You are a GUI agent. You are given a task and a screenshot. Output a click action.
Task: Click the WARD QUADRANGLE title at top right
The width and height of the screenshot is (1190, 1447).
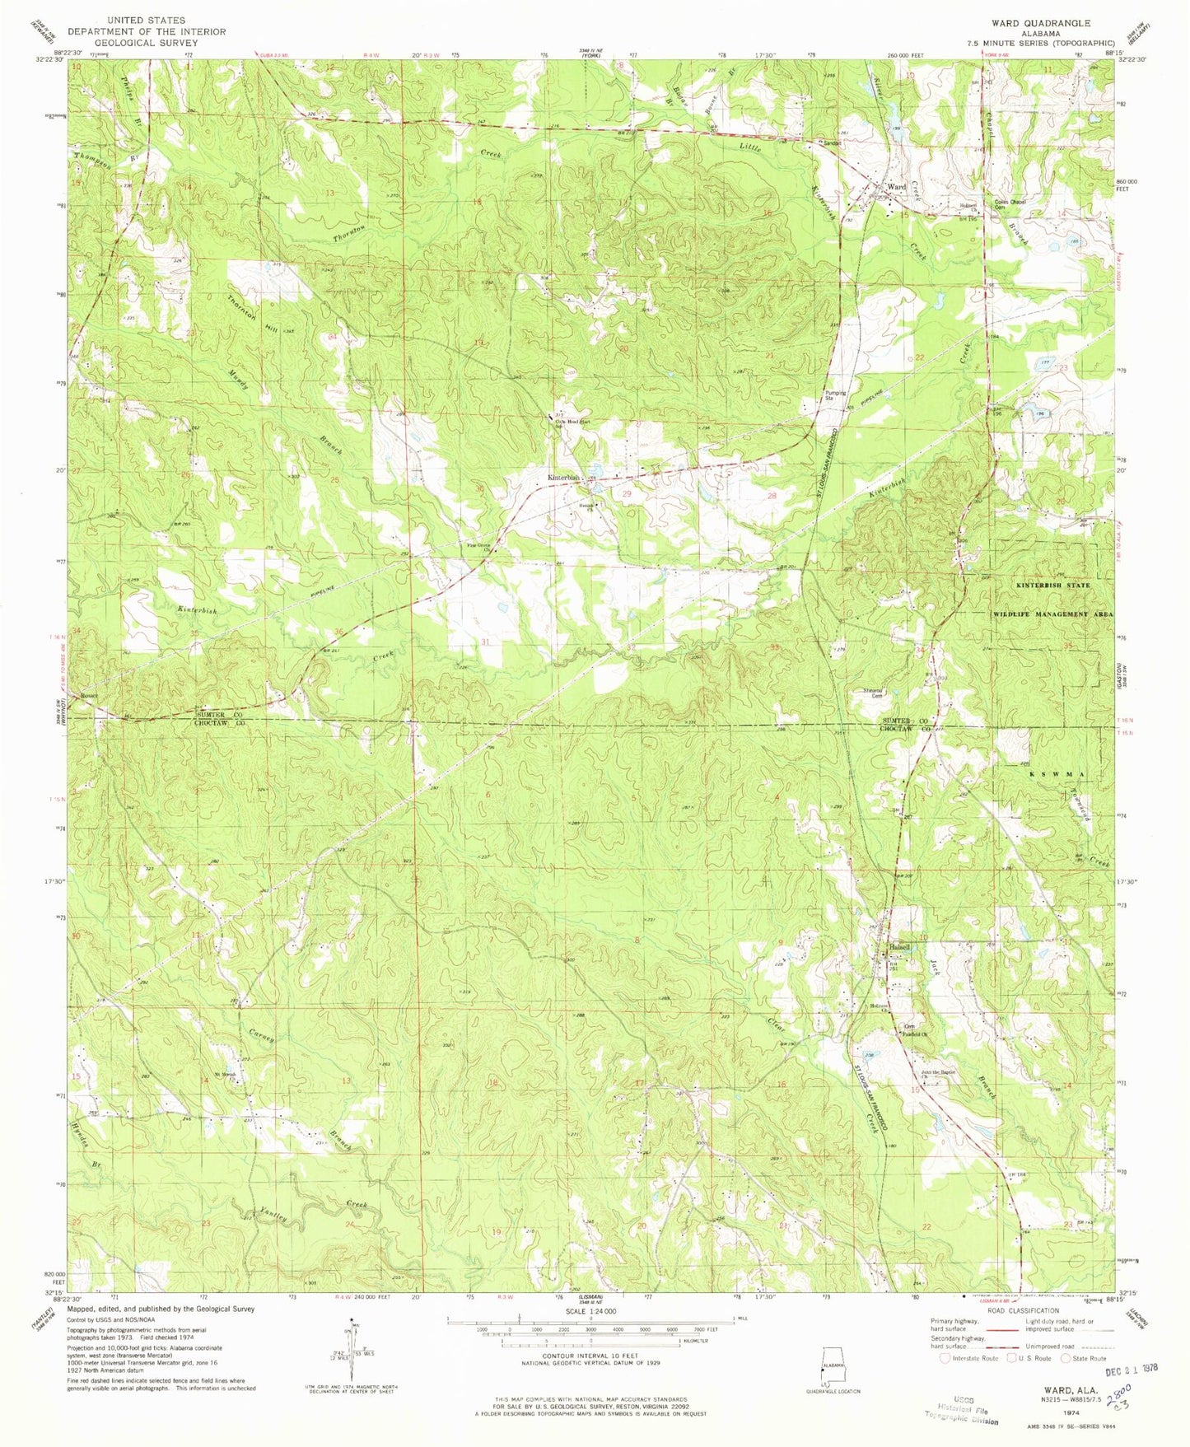(1046, 24)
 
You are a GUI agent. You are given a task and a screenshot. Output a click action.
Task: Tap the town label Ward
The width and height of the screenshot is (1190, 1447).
(895, 188)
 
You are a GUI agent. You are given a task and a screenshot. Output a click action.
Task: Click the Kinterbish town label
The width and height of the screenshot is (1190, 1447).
(565, 478)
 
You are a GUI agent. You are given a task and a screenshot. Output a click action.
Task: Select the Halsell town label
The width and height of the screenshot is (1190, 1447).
(899, 947)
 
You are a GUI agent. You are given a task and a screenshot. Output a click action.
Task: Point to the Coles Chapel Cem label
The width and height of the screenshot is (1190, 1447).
(1011, 204)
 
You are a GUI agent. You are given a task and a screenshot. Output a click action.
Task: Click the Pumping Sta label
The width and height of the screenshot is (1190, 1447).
(836, 395)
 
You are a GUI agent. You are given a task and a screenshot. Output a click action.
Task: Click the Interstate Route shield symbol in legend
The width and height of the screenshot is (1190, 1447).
(945, 1358)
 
